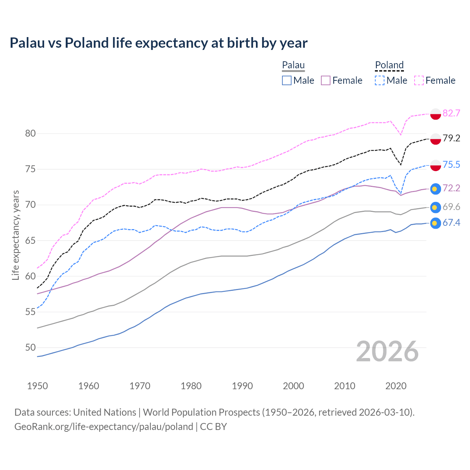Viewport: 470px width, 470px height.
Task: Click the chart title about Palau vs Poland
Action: click(x=158, y=43)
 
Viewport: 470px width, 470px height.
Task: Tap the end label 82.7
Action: click(x=451, y=113)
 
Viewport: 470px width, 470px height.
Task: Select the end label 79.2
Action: click(x=451, y=138)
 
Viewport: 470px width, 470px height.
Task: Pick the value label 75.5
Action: click(x=451, y=164)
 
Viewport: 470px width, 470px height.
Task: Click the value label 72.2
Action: click(x=451, y=188)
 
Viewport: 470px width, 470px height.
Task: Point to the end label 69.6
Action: click(x=451, y=207)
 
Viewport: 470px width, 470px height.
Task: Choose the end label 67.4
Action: click(x=451, y=223)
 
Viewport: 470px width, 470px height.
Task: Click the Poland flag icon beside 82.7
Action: click(x=435, y=114)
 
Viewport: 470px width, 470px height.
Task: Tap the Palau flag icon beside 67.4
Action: click(x=435, y=223)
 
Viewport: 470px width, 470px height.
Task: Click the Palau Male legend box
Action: click(x=287, y=80)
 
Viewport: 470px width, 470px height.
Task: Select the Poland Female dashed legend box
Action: click(x=419, y=80)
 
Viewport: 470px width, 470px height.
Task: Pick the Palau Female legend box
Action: click(x=326, y=80)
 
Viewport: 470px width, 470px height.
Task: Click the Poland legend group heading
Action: click(x=389, y=65)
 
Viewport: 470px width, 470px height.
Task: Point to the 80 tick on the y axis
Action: click(x=30, y=133)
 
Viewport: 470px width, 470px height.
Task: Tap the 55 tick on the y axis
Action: click(x=30, y=312)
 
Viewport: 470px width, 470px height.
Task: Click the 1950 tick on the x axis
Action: click(x=37, y=386)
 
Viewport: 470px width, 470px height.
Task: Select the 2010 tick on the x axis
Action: click(x=344, y=386)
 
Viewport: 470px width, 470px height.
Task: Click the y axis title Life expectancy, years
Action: click(x=15, y=235)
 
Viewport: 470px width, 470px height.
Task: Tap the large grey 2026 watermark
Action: click(x=387, y=351)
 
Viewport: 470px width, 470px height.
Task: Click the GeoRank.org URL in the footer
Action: click(x=104, y=426)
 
